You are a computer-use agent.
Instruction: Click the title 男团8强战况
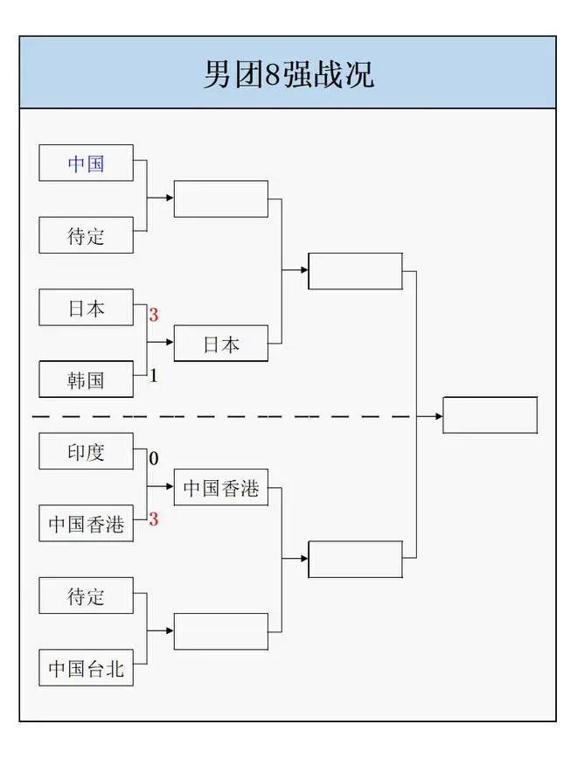pyautogui.click(x=288, y=73)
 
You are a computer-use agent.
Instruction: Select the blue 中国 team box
pyautogui.click(x=86, y=164)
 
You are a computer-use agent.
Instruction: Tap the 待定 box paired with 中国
pyautogui.click(x=86, y=235)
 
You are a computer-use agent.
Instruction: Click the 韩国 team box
pyautogui.click(x=86, y=379)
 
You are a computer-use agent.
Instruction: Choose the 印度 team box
pyautogui.click(x=86, y=452)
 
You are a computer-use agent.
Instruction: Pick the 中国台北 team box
pyautogui.click(x=86, y=669)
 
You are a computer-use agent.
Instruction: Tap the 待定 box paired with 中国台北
pyautogui.click(x=86, y=596)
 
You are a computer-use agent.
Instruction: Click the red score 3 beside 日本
pyautogui.click(x=154, y=315)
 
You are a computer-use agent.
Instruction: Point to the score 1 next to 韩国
pyautogui.click(x=154, y=376)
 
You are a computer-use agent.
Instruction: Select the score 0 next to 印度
pyautogui.click(x=154, y=458)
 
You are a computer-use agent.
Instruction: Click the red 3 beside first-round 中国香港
pyautogui.click(x=154, y=519)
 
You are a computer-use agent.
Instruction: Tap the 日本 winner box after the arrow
pyautogui.click(x=221, y=344)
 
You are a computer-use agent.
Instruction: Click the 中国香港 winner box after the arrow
pyautogui.click(x=221, y=488)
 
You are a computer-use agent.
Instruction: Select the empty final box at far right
pyautogui.click(x=490, y=415)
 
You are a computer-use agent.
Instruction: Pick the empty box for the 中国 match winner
pyautogui.click(x=221, y=199)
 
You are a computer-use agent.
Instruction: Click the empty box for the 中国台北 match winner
pyautogui.click(x=221, y=631)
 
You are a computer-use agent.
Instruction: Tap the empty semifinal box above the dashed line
pyautogui.click(x=356, y=271)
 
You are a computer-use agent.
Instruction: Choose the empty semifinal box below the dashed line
pyautogui.click(x=356, y=560)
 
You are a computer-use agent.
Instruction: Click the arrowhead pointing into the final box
pyautogui.click(x=439, y=416)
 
